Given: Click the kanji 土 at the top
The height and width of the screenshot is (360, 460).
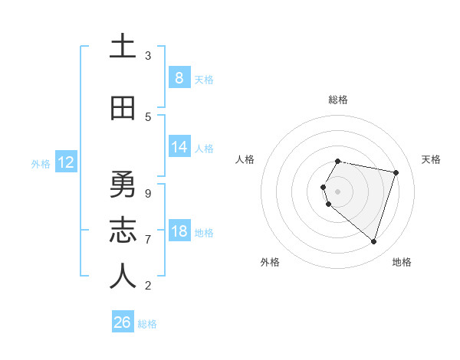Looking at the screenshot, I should pos(123,47).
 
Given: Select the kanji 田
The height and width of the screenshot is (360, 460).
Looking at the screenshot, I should pos(123,109).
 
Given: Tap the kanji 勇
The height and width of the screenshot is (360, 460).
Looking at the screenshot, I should pos(123,186).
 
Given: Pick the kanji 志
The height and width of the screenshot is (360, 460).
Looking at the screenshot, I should pos(123,231).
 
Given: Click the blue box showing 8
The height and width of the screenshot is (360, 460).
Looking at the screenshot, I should pos(179,77).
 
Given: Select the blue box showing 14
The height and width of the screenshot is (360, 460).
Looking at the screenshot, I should pos(179,148).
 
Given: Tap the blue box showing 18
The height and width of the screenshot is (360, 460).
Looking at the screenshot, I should pos(179,231).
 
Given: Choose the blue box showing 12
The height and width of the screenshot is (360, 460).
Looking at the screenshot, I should pos(65,162).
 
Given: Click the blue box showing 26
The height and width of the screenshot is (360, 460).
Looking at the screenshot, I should pos(123,322).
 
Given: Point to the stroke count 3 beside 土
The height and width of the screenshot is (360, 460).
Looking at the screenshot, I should pos(148,56).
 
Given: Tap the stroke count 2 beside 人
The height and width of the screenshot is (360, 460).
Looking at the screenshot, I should pos(148,286).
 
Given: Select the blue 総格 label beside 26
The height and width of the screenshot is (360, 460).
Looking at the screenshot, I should pos(148,324).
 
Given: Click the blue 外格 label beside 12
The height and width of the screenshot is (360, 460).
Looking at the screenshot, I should pos(41,163).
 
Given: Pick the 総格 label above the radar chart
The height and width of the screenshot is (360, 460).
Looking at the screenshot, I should pos(338,100).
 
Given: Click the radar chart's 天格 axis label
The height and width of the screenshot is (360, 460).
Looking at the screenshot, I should pos(431,159).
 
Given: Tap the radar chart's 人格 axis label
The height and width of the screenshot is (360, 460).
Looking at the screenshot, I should pos(245,159).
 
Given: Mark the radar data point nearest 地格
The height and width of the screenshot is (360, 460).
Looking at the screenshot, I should pos(373,242).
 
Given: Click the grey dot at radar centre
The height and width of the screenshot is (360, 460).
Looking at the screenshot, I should pos(338,191).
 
